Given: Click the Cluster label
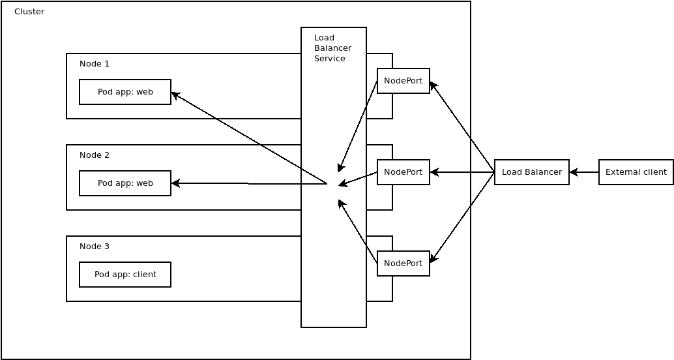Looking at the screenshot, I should coord(29,12).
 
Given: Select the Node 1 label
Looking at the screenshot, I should coord(95,64).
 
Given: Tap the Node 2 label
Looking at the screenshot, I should coord(95,155).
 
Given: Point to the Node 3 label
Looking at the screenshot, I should coord(95,247).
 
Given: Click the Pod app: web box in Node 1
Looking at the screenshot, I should coord(125,92).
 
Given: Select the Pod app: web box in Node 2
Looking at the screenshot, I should coord(125,183).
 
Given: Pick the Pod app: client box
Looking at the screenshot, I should coord(125,275).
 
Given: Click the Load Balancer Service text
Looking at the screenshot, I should coord(332,48).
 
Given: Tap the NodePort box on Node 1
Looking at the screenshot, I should coord(403,81).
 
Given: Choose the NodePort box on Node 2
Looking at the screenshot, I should coord(403,172).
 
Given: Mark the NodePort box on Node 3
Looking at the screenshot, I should coord(403,263).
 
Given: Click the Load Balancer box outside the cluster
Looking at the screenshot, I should coord(531,172).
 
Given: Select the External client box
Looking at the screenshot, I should coord(636,172).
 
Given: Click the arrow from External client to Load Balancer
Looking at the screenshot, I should coord(584,172).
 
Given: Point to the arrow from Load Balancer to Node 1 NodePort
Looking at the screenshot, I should coord(462,127).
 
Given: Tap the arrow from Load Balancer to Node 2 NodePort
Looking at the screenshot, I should coord(462,172).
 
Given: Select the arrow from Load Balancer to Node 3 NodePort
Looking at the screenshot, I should coord(462,217).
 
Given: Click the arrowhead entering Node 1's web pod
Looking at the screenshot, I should coord(175,95).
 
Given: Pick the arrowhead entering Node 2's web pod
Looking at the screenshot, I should coord(175,183).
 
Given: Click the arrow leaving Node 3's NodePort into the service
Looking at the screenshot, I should coord(358,232).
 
